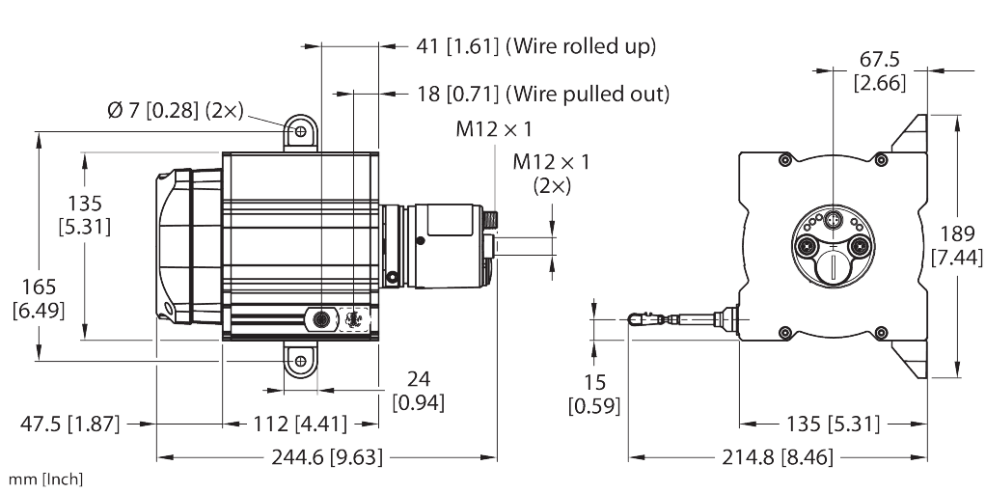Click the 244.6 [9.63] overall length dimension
pos(327,457)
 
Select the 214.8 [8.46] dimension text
pos(778,457)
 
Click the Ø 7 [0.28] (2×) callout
pos(175,112)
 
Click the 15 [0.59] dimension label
pos(594,388)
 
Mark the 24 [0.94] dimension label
pos(418,391)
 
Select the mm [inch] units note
pos(45,479)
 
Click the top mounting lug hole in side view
pos(301,130)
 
